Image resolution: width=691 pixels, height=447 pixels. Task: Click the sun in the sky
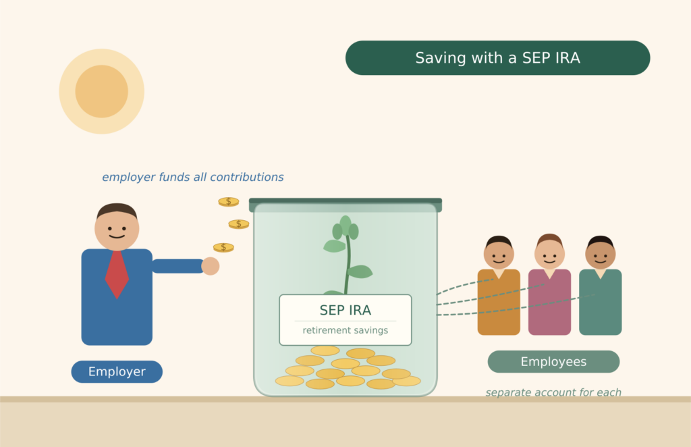(x=101, y=91)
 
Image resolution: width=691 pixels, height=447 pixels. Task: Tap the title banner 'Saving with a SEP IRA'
(x=497, y=58)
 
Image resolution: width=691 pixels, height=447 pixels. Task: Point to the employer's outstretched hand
(x=211, y=266)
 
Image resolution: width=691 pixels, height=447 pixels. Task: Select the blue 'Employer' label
(x=117, y=371)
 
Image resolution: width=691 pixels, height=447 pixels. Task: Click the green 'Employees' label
(x=553, y=362)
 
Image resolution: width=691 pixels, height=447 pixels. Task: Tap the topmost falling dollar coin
(x=229, y=201)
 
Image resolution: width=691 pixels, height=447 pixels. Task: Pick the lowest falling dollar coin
(x=223, y=247)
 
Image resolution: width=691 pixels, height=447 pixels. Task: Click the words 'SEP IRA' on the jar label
(x=345, y=311)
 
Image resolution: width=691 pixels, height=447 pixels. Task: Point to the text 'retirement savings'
(x=345, y=331)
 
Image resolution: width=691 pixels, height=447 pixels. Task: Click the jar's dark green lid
(x=345, y=202)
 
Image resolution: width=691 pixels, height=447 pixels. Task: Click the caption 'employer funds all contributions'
(x=192, y=178)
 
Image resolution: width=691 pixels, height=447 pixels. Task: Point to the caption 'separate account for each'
(x=553, y=392)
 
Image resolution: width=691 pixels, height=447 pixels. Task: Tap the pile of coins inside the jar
(x=347, y=370)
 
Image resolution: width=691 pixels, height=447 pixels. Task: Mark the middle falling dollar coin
(x=238, y=223)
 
